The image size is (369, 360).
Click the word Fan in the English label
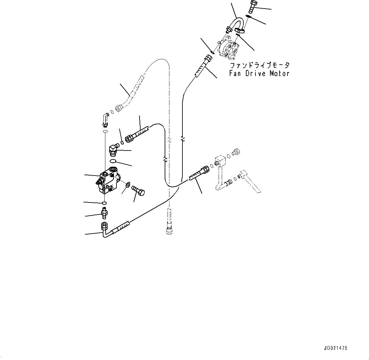pos(234,73)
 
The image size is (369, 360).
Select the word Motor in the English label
pos(279,73)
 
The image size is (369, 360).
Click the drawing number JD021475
pos(335,348)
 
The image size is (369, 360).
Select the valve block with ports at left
pos(108,180)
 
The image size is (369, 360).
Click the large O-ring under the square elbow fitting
pos(113,161)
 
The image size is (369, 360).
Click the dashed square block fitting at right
pos(220,161)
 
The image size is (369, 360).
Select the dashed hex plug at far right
pos(236,152)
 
